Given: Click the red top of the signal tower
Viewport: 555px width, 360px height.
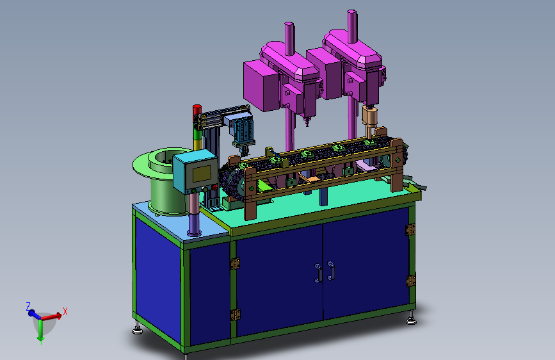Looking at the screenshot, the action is (197, 109).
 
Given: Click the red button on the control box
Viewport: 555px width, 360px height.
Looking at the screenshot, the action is (214, 188).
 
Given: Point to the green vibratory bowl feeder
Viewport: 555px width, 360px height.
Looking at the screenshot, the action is (161, 181).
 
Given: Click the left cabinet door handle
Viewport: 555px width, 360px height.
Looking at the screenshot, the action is (318, 273).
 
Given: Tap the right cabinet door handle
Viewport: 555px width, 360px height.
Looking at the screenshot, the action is (332, 270).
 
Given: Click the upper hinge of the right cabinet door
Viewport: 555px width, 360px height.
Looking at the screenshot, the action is (410, 229).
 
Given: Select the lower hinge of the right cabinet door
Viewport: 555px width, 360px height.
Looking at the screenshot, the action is (410, 281).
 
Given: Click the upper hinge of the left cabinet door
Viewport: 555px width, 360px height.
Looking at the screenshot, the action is (235, 263).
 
